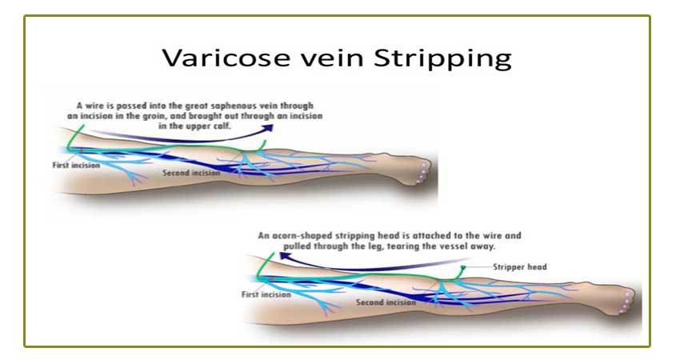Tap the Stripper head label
[x=519, y=266]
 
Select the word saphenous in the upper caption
[x=267, y=105]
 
